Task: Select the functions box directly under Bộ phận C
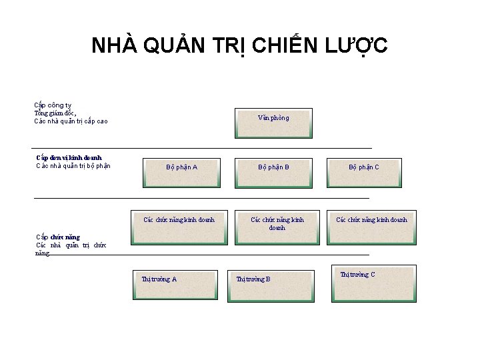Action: pyautogui.click(x=371, y=227)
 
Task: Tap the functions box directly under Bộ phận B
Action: pyautogui.click(x=277, y=227)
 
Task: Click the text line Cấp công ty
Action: pyautogui.click(x=53, y=105)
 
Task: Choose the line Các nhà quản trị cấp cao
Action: pyautogui.click(x=71, y=121)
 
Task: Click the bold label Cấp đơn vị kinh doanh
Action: pyautogui.click(x=69, y=158)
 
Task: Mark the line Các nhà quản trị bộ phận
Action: pyautogui.click(x=73, y=166)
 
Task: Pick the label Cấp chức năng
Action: pyautogui.click(x=57, y=237)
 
